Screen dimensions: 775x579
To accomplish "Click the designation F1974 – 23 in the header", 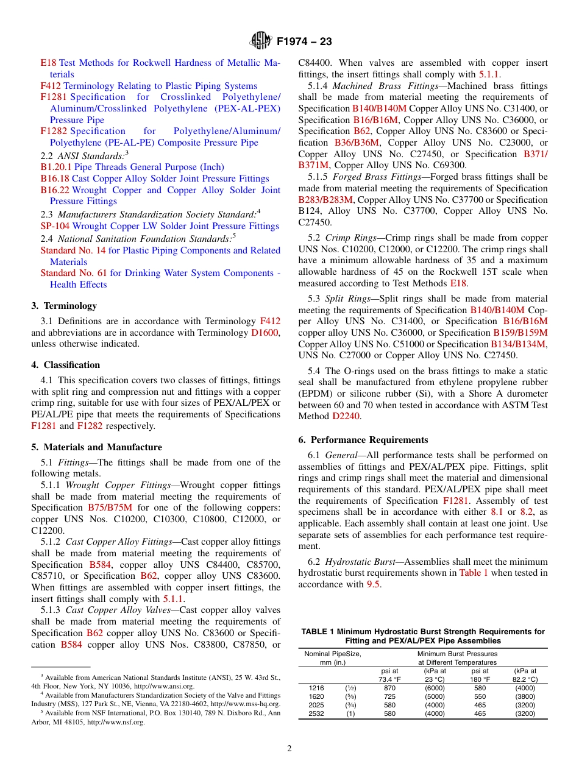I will (x=304, y=42).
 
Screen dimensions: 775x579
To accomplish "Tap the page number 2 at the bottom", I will (x=289, y=748).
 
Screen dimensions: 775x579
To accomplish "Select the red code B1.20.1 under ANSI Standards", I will (x=56, y=167).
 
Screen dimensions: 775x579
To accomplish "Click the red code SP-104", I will (x=55, y=226).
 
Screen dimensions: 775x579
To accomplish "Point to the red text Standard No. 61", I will (x=73, y=273).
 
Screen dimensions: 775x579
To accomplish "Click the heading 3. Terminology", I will (x=64, y=306).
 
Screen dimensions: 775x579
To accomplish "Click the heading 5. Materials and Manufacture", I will (x=96, y=447).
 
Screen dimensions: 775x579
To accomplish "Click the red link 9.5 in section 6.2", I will (x=373, y=584).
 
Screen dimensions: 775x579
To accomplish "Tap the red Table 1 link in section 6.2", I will (x=473, y=573).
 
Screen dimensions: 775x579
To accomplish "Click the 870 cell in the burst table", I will (x=389, y=688).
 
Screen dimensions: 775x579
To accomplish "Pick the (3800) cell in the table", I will (x=525, y=696).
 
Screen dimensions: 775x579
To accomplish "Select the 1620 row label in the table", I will (x=316, y=696).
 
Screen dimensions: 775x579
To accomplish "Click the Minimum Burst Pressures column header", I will (x=457, y=654).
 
